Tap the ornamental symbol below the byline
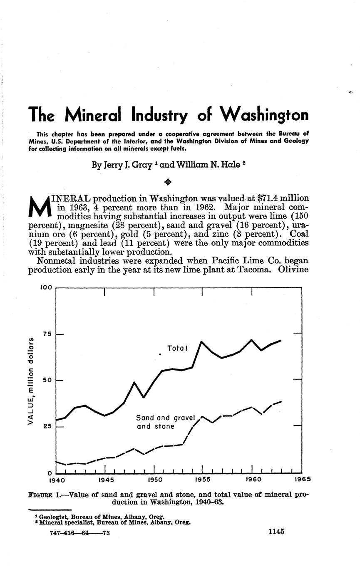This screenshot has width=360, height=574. [x=168, y=182]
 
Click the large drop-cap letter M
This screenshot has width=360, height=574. [x=39, y=207]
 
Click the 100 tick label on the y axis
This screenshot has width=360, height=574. [x=46, y=287]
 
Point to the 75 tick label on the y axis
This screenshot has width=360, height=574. [x=47, y=334]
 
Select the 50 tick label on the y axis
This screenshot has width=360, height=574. [x=47, y=381]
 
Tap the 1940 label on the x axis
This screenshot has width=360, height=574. [x=57, y=480]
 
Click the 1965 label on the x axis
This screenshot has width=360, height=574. [x=303, y=479]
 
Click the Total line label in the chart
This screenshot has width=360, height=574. [x=177, y=348]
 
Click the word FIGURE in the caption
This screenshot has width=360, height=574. [x=40, y=495]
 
